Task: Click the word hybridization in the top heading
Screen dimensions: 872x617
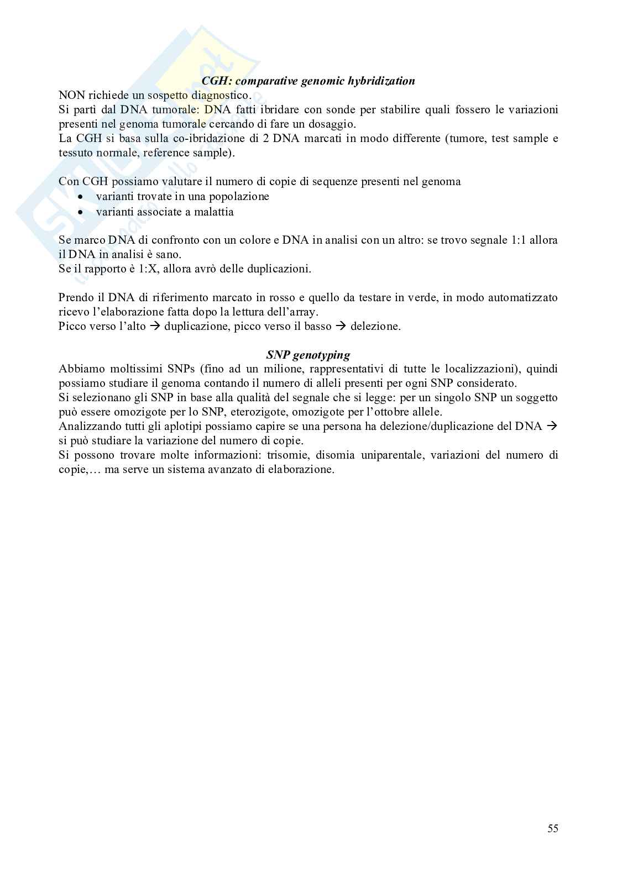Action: point(380,81)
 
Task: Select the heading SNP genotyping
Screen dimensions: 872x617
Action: point(308,355)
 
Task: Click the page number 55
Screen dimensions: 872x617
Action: point(552,828)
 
